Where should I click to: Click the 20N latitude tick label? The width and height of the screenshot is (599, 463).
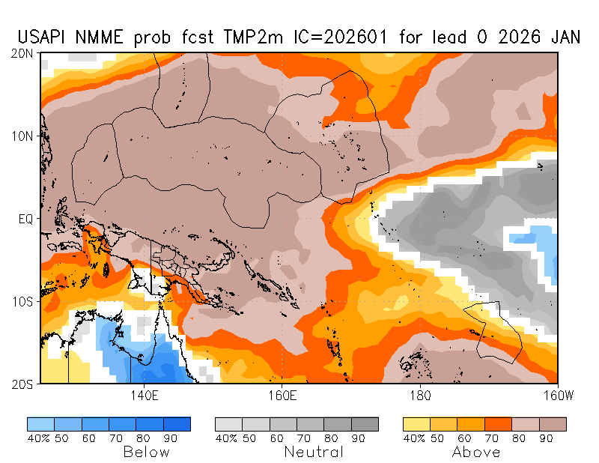pos(22,53)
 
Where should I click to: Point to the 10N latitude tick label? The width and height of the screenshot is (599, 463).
pos(22,136)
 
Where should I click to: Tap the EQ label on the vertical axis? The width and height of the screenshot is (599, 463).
pos(25,219)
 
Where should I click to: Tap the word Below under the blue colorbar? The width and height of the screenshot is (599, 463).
pos(146,452)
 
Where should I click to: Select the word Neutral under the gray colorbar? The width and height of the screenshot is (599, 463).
pos(314,452)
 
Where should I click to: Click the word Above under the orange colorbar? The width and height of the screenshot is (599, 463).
pos(476,452)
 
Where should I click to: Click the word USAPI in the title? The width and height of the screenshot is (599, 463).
pos(44,38)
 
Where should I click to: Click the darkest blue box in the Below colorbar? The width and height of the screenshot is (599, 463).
pos(177,424)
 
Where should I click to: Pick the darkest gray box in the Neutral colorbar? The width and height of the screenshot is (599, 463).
pos(365,424)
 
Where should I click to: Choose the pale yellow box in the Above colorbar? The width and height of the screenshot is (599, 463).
pos(417,424)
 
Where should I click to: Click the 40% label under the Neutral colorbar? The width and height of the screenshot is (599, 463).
pos(226,438)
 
